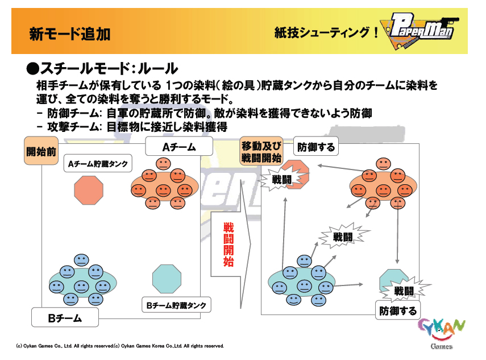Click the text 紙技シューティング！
(x=326, y=33)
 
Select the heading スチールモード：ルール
(x=102, y=69)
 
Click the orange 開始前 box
(x=41, y=152)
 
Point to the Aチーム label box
(x=180, y=147)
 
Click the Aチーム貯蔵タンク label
(x=97, y=165)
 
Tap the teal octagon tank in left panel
(x=167, y=278)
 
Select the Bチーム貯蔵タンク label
(x=176, y=305)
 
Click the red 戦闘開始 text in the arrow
(x=228, y=245)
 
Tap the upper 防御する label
(x=316, y=147)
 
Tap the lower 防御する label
(x=398, y=311)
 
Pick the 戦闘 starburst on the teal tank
(x=404, y=291)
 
